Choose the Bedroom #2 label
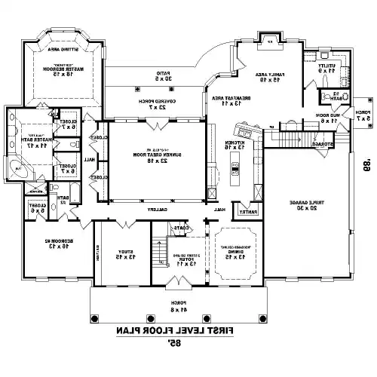click(56, 244)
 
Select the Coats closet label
click(179, 227)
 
